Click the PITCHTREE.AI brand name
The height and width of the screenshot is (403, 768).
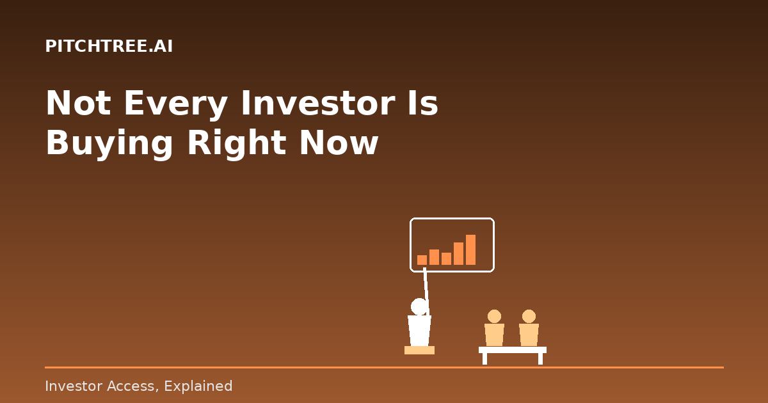coord(109,46)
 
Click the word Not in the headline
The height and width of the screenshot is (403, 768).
coord(79,103)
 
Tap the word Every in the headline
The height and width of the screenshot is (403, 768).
coord(176,105)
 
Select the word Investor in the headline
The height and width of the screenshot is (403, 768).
coord(318,103)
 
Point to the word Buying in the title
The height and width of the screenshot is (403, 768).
coord(109,144)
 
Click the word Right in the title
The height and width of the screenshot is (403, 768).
coord(237,144)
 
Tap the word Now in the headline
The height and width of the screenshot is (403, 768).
coord(339,143)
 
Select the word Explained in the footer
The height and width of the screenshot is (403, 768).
coord(198,386)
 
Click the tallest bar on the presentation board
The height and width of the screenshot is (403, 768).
coord(470,250)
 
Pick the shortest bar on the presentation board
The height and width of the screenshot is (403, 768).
coord(422,260)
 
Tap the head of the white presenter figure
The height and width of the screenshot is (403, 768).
coord(419,306)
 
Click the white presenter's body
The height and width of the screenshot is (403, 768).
coord(419,331)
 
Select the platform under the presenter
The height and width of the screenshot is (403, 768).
coord(419,351)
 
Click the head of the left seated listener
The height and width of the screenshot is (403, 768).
coord(494,317)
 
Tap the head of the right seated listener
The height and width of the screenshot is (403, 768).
coord(529,317)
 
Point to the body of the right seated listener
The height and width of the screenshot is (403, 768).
coord(529,335)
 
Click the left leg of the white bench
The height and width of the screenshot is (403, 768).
coord(484,359)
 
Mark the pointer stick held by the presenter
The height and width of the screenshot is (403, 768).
coord(426,291)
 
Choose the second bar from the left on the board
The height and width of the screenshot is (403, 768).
coord(434,257)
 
